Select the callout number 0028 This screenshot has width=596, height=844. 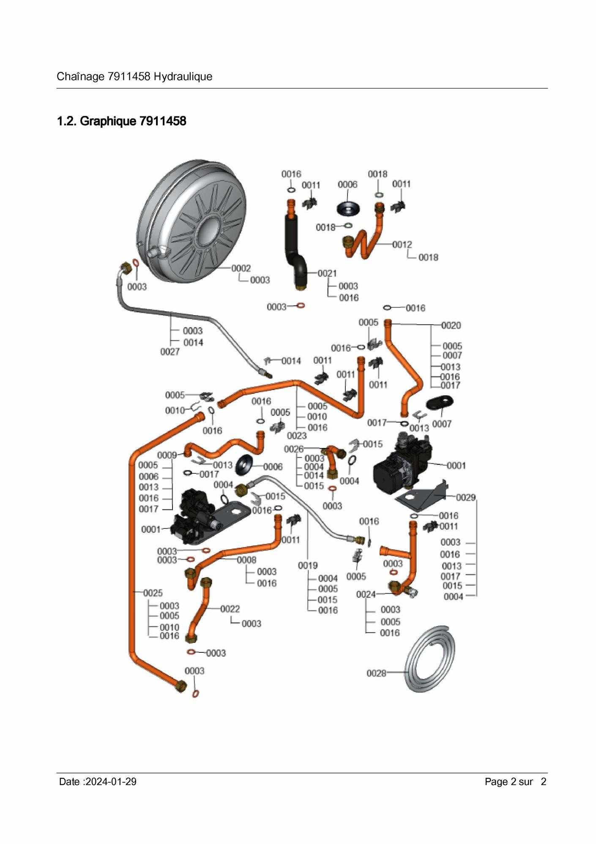(x=376, y=673)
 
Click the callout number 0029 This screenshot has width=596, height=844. (x=466, y=498)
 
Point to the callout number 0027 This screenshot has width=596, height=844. (x=170, y=352)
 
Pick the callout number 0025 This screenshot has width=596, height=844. (x=153, y=593)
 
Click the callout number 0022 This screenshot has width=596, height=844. (x=230, y=609)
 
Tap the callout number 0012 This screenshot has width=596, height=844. (x=402, y=245)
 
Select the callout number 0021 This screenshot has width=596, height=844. (x=327, y=273)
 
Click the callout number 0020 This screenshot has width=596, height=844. (x=451, y=325)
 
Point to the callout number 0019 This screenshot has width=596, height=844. (x=308, y=566)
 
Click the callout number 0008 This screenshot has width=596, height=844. (x=246, y=560)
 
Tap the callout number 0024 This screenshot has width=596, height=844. (x=366, y=594)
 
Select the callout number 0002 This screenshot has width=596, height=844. (x=241, y=268)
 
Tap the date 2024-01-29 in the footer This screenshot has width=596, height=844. (x=111, y=781)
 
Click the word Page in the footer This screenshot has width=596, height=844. (x=496, y=781)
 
